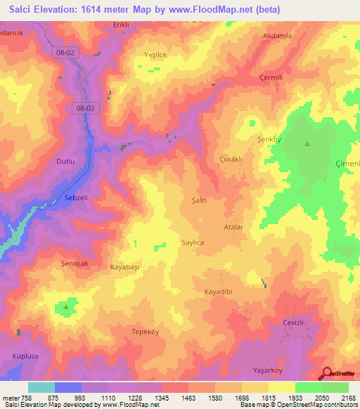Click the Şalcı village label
(x=199, y=200)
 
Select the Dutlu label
(x=65, y=161)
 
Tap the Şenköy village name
(x=269, y=139)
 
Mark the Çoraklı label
(x=231, y=160)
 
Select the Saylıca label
(x=193, y=242)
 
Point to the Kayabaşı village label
(x=126, y=267)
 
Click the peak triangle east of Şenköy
(x=307, y=144)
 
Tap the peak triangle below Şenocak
(x=66, y=307)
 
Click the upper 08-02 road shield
(x=64, y=52)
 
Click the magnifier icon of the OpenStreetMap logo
(x=325, y=373)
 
